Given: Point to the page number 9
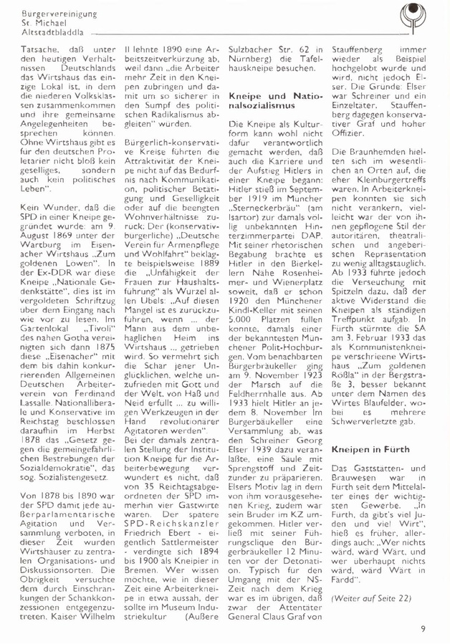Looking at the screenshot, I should (x=424, y=629).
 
